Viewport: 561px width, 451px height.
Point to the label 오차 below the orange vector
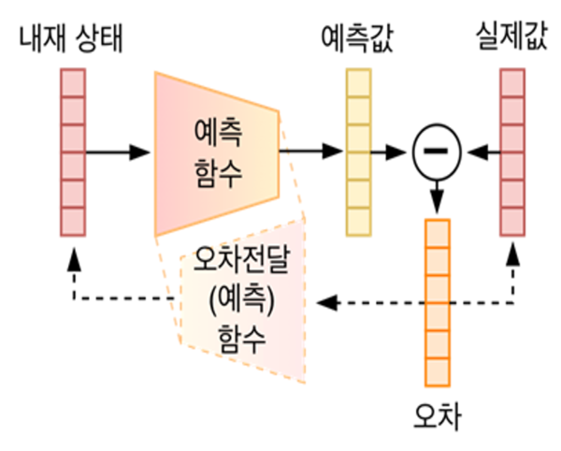click(437, 413)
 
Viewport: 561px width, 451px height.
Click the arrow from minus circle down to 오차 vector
click(437, 196)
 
